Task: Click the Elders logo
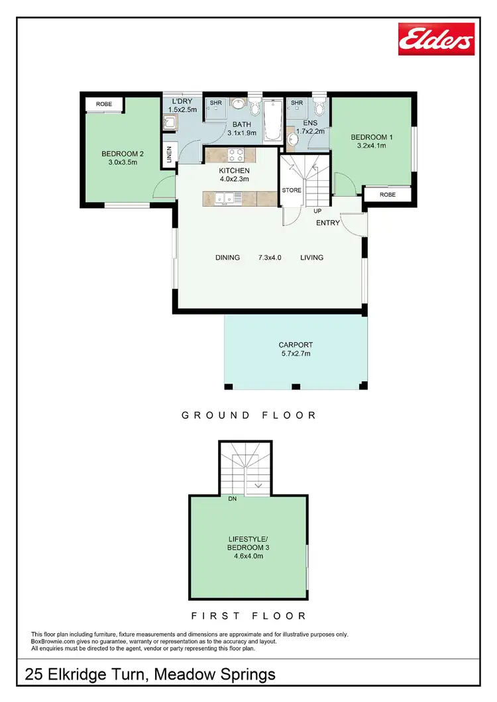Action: (x=436, y=39)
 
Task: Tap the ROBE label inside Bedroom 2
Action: (x=103, y=105)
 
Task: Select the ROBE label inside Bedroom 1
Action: (x=388, y=195)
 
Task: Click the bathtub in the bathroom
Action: (x=272, y=121)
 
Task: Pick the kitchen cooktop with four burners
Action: (x=236, y=156)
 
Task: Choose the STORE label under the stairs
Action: (x=292, y=190)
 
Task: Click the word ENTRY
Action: (x=327, y=223)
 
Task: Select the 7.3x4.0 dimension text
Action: (x=270, y=258)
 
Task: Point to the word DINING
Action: (x=227, y=258)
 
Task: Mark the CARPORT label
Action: (x=296, y=345)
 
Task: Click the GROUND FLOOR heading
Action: (x=248, y=415)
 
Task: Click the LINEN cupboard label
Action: (x=170, y=154)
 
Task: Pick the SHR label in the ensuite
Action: (x=297, y=103)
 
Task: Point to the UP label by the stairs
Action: (x=317, y=211)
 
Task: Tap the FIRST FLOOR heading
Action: (x=248, y=615)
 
